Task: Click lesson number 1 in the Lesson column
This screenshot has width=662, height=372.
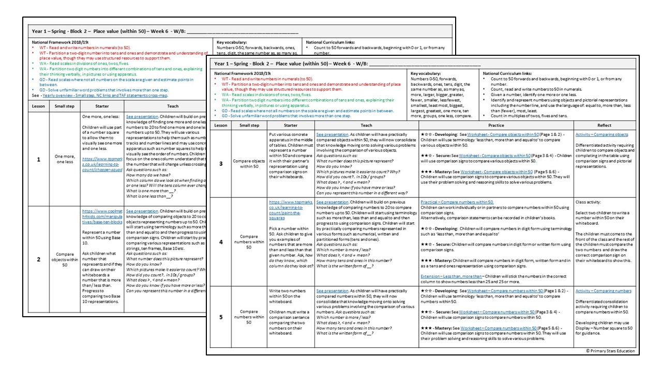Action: pyautogui.click(x=39, y=160)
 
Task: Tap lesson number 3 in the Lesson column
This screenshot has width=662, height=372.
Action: pyautogui.click(x=221, y=163)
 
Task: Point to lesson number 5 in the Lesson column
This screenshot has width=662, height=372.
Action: pyautogui.click(x=221, y=317)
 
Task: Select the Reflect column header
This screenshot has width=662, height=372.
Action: pyautogui.click(x=604, y=125)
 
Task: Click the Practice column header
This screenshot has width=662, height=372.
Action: pyautogui.click(x=495, y=125)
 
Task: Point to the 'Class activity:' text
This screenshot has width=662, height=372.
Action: pyautogui.click(x=589, y=202)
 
